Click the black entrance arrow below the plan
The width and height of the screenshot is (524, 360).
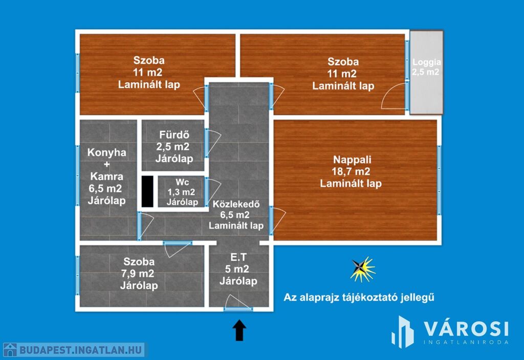click(239, 330)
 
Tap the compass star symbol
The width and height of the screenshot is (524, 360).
click(362, 269)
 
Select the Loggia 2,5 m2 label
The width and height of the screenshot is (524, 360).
click(426, 67)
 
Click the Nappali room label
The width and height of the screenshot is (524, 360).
click(351, 171)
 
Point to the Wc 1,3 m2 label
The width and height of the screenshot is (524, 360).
click(182, 192)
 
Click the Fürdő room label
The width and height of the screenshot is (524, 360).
click(174, 147)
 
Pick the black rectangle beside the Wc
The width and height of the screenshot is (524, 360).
click(147, 191)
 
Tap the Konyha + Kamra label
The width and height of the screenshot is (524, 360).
click(106, 176)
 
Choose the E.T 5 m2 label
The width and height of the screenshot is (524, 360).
click(238, 269)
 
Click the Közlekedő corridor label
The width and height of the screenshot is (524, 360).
click(236, 215)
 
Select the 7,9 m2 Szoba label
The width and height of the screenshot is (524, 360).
click(139, 274)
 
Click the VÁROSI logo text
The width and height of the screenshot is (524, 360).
click(467, 329)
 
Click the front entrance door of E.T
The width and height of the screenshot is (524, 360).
click(237, 303)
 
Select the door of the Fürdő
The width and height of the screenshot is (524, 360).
click(212, 143)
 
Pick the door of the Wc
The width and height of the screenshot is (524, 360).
click(212, 191)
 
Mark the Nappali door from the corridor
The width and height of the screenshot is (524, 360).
click(277, 220)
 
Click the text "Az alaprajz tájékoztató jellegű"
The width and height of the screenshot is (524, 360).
click(359, 298)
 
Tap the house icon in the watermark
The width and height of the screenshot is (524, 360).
click(10, 350)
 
